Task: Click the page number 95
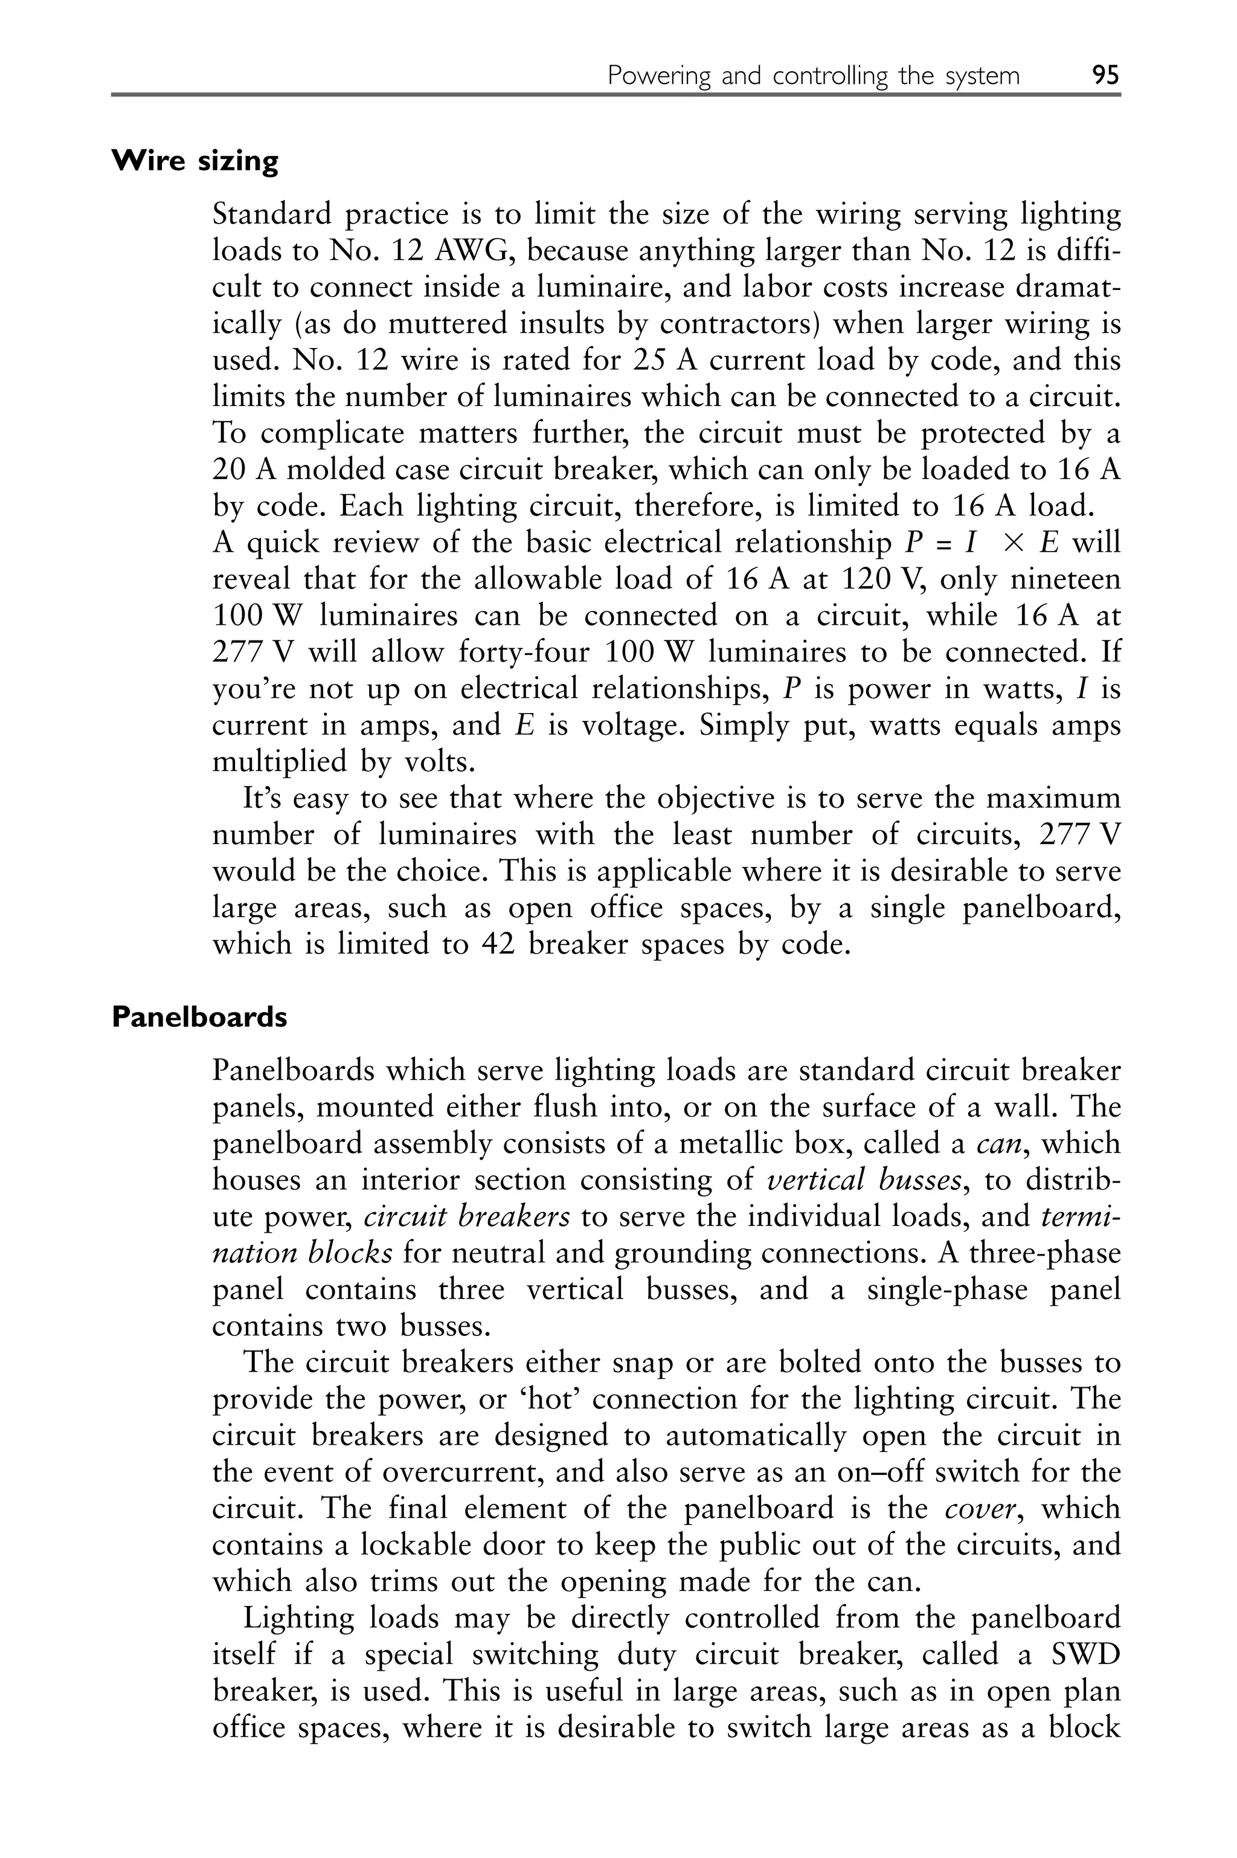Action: point(1105,76)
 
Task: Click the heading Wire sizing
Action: point(195,161)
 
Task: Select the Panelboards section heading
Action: point(199,1017)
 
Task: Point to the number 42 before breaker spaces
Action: point(498,944)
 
